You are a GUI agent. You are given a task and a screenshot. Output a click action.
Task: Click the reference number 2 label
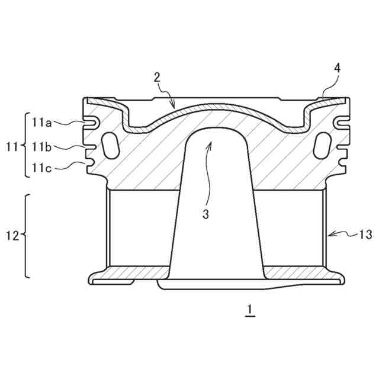click(x=157, y=78)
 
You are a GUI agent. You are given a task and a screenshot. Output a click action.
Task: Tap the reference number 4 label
click(x=337, y=69)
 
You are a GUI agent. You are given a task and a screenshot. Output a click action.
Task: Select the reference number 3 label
click(x=205, y=214)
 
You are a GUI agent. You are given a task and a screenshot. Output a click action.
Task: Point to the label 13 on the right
click(x=365, y=235)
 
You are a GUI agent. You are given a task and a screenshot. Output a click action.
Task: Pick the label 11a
click(x=41, y=123)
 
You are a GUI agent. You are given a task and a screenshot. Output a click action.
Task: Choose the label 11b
click(x=41, y=147)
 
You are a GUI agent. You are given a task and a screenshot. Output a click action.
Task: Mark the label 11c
click(x=41, y=168)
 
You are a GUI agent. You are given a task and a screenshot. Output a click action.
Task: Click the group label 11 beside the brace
click(x=12, y=147)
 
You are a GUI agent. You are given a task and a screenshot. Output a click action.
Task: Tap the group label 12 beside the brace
click(x=12, y=236)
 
